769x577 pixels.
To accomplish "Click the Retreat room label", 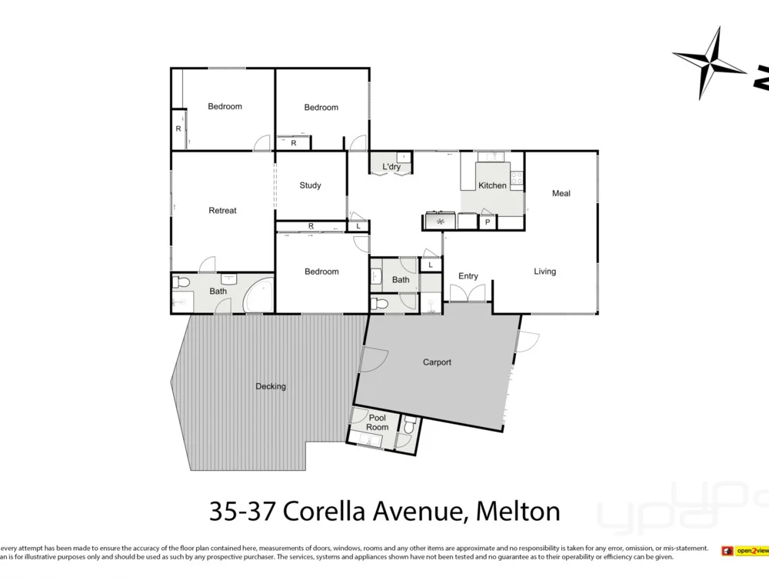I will [222, 210].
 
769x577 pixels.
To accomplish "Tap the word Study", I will [310, 185].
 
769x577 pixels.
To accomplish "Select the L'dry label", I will [391, 167].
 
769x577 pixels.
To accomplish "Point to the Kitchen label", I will [492, 185].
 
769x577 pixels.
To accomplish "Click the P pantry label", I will [487, 222].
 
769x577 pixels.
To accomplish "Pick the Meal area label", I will [561, 193].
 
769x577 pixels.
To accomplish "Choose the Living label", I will [544, 272].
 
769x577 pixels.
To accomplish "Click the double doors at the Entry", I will [468, 293].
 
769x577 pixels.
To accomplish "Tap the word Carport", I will [437, 362].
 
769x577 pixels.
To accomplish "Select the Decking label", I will [271, 386].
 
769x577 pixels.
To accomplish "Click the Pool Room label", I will [377, 422].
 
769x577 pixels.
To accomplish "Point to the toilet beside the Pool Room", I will [409, 424].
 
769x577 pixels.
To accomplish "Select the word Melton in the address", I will [518, 510].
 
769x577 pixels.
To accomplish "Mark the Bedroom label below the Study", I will [321, 272].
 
